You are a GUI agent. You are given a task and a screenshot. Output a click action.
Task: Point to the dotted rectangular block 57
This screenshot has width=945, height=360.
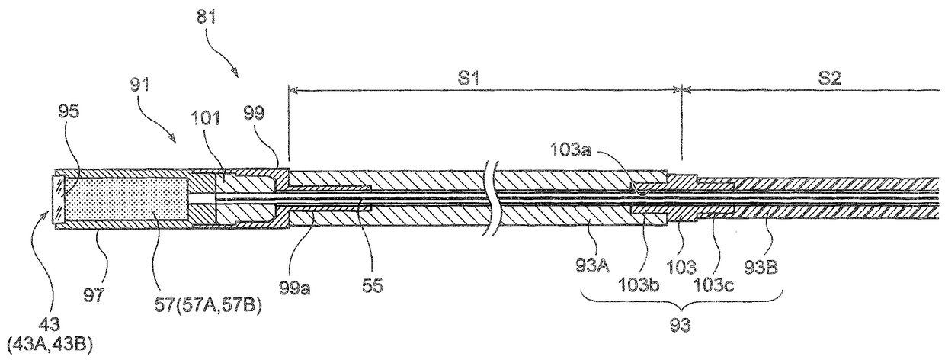(x=126, y=199)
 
